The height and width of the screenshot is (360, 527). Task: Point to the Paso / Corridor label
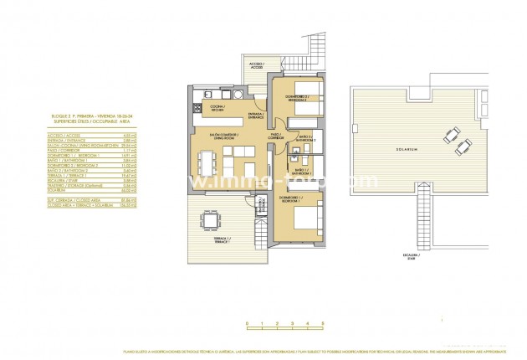(276, 134)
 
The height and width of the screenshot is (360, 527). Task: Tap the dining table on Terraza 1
(204, 223)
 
